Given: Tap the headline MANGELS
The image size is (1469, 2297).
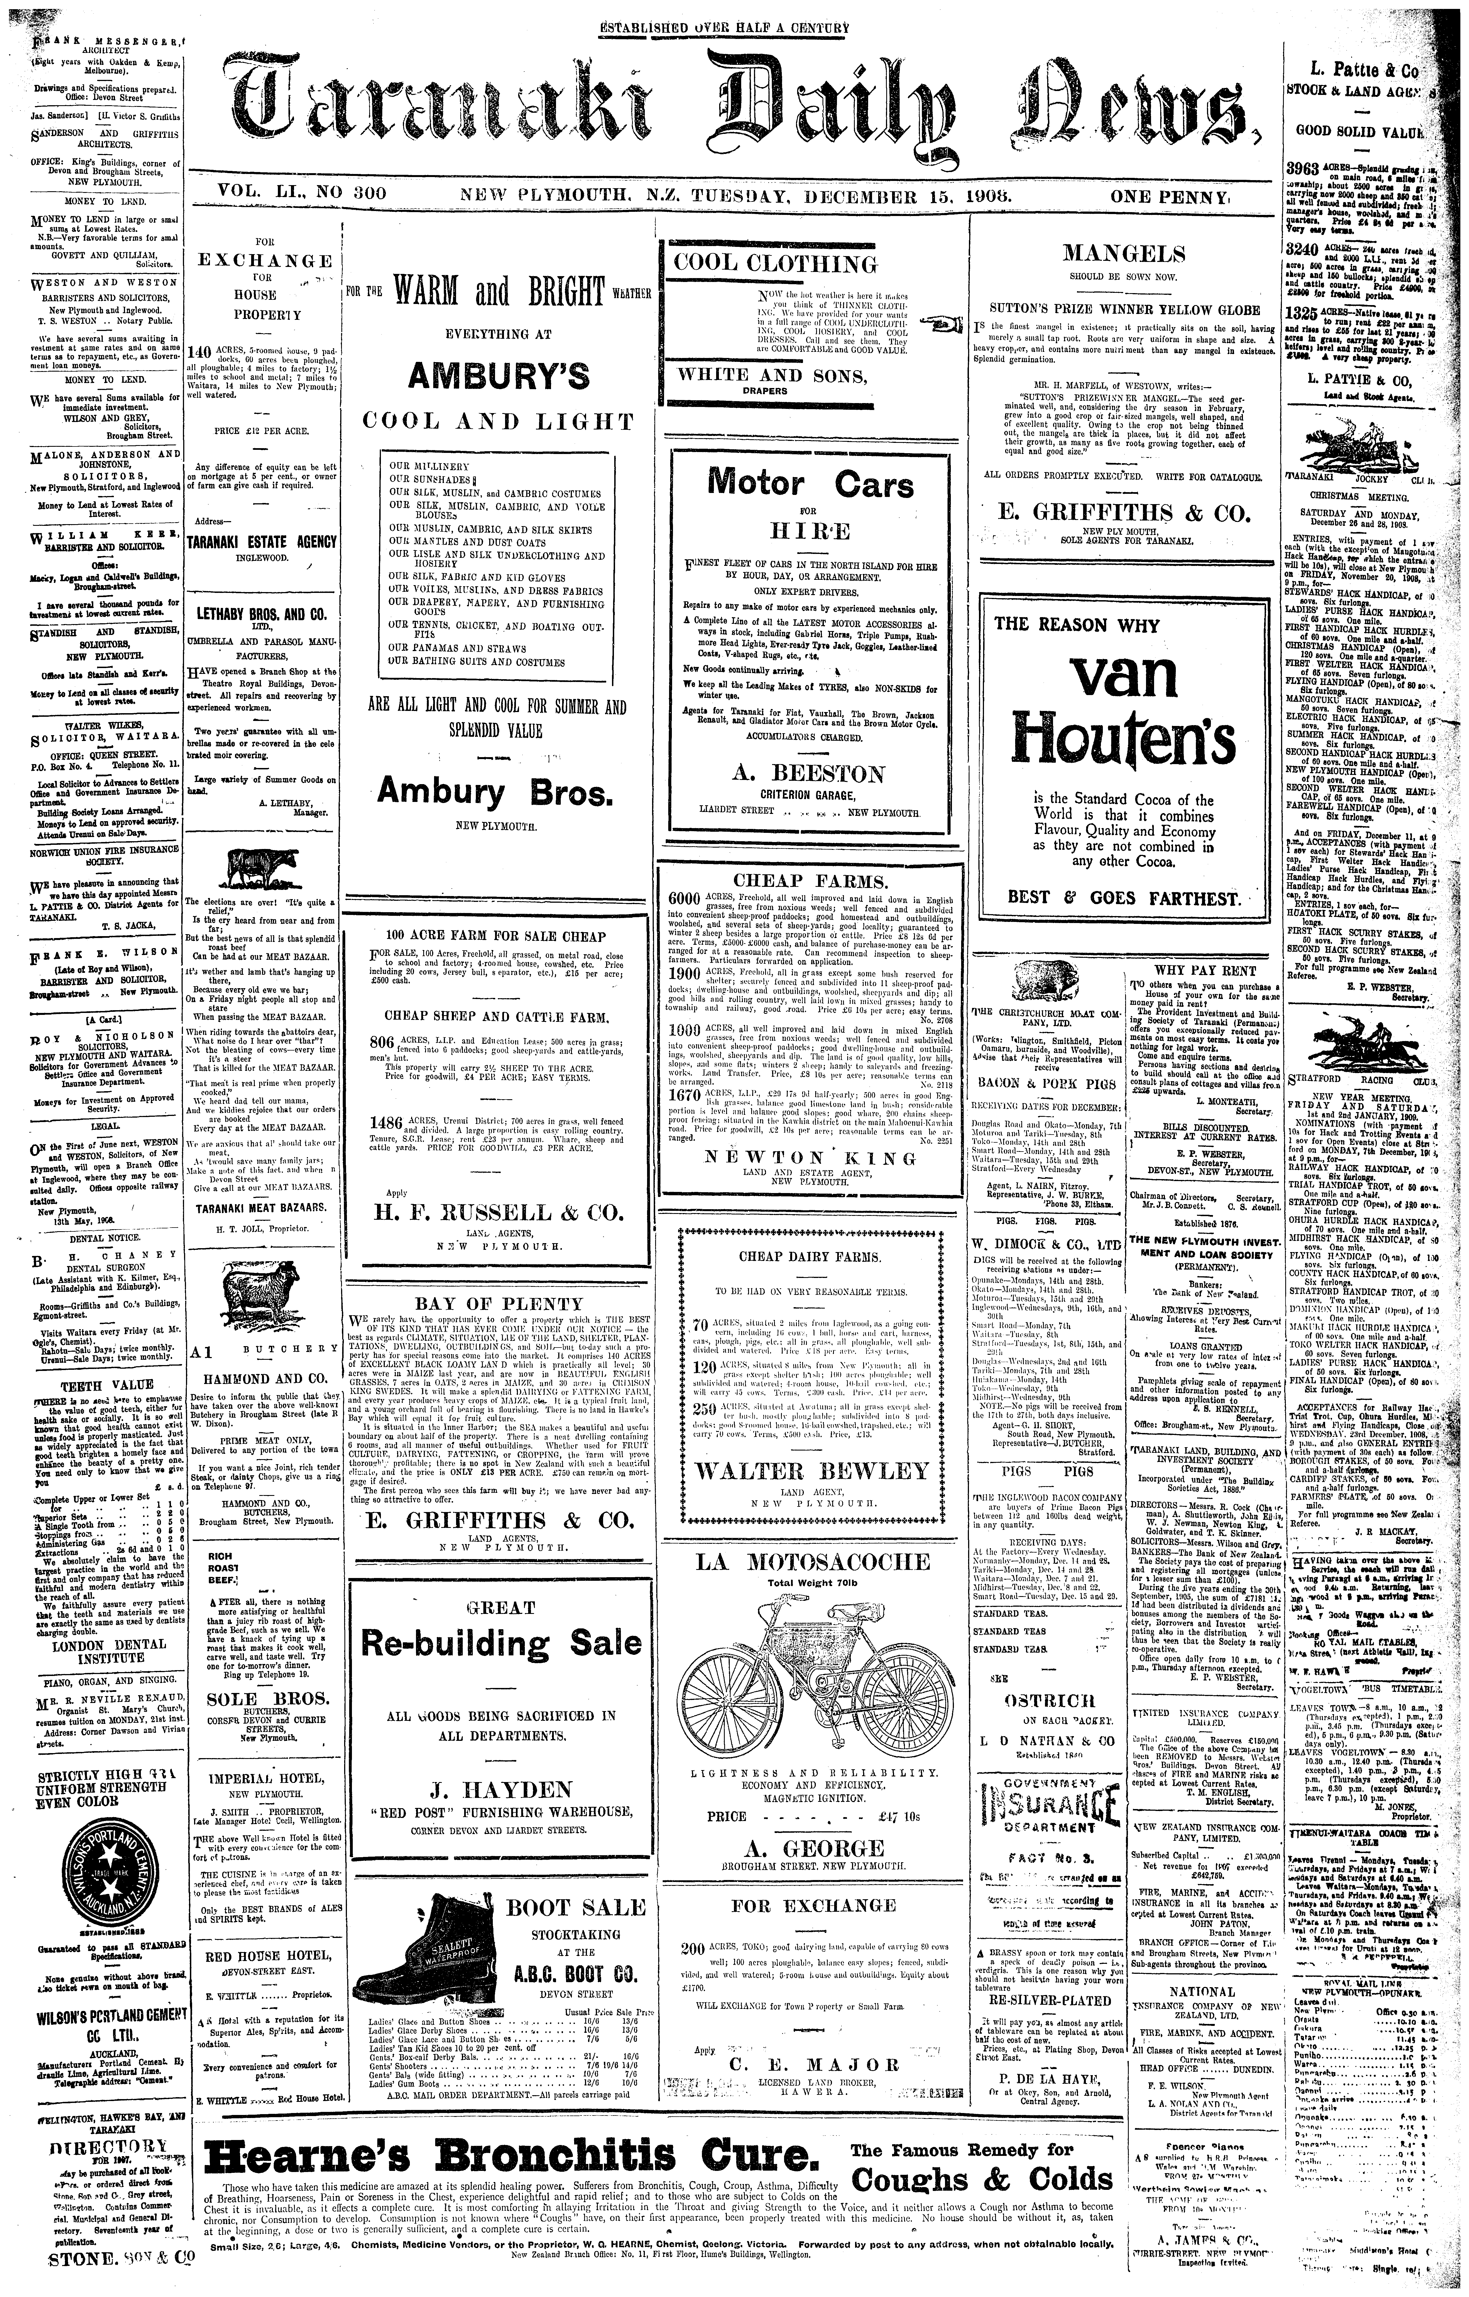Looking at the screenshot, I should [1124, 254].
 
